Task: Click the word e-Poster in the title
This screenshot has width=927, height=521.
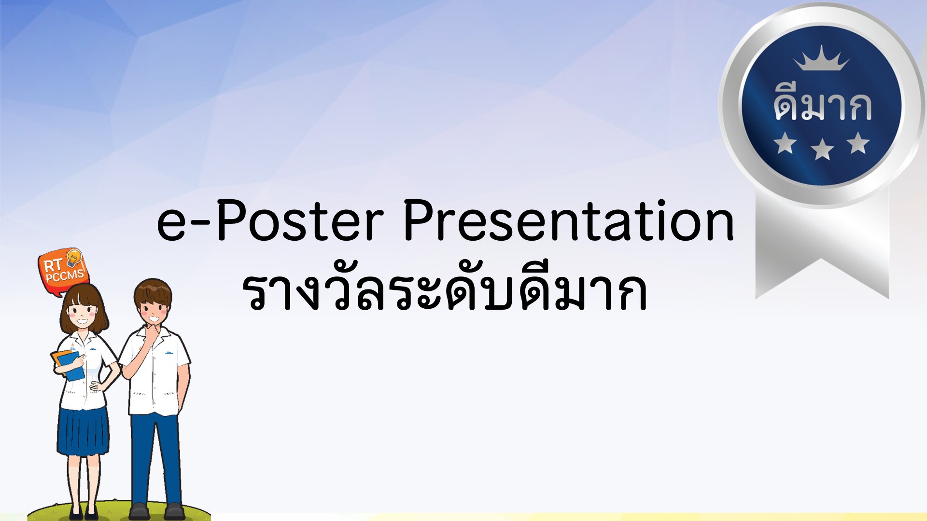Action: click(271, 220)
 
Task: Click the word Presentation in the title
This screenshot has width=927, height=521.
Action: click(569, 220)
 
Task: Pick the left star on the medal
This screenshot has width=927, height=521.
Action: click(785, 143)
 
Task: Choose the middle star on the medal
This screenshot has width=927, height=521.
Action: click(822, 149)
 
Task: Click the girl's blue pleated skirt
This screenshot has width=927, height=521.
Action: click(83, 432)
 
